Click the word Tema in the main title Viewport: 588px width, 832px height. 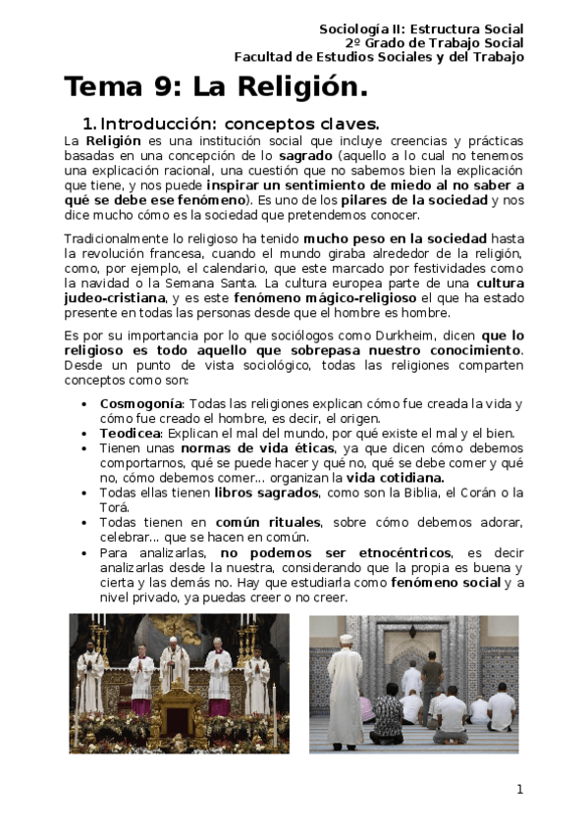104,87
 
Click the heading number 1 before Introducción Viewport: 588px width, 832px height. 88,126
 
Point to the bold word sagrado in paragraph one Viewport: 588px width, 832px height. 304,156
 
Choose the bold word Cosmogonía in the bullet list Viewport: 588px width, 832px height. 141,404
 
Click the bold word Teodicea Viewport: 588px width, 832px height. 131,433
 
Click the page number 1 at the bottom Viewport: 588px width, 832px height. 519,789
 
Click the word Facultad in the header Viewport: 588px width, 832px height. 266,57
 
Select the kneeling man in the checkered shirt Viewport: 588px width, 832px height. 387,717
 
